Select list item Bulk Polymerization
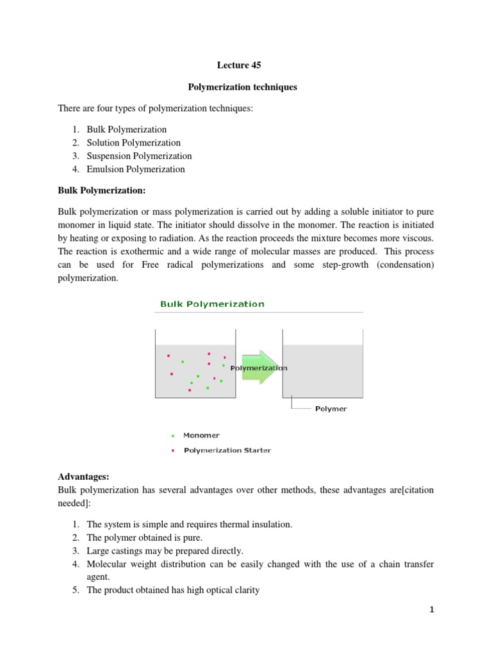[x=126, y=129]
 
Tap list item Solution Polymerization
[x=133, y=143]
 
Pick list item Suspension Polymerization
[x=139, y=156]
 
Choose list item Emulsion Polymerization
[x=135, y=170]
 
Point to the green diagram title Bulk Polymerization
[x=212, y=304]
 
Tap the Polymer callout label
[x=331, y=409]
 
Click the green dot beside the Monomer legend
[x=173, y=436]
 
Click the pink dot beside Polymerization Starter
[x=173, y=450]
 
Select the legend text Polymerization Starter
[x=227, y=450]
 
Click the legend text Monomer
[x=201, y=436]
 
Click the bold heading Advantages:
[x=84, y=477]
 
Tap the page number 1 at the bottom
[x=432, y=610]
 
